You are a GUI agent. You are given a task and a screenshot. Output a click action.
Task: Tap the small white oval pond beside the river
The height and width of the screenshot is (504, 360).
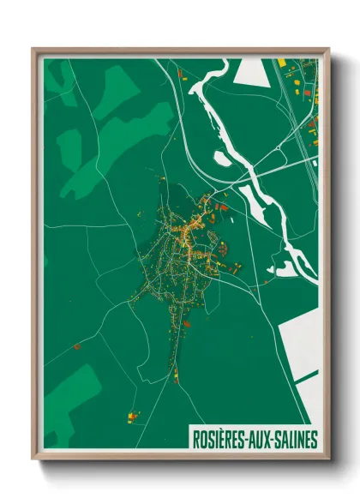(x=221, y=158)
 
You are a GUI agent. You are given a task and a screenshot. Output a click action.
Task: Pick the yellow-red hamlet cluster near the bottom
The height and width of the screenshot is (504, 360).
(x=133, y=417)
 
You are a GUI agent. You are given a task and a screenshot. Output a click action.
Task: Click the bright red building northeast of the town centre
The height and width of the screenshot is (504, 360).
(x=224, y=206)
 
